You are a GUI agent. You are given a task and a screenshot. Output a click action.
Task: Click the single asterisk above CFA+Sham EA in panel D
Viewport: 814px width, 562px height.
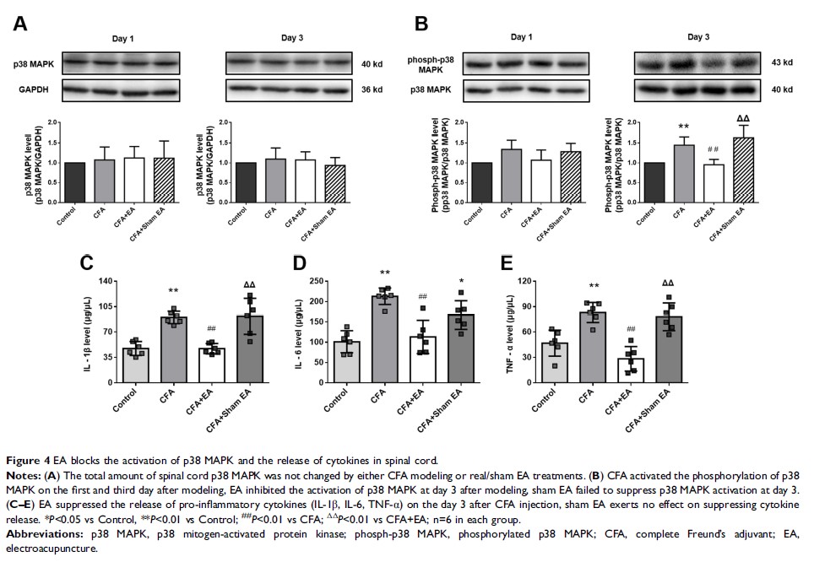coord(460,282)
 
